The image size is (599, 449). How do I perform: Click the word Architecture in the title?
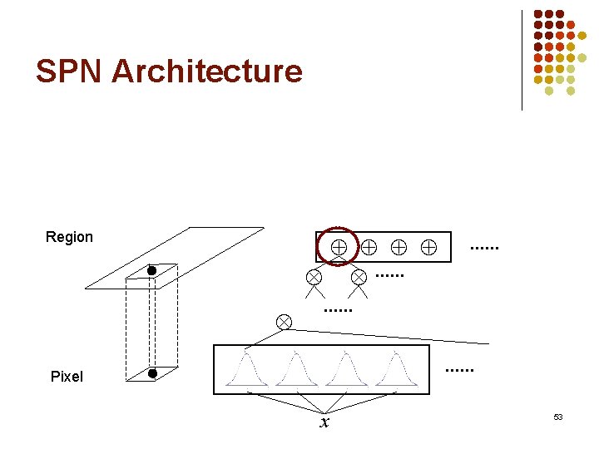tap(207, 72)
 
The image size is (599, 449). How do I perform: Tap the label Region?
tap(69, 237)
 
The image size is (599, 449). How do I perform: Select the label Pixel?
tap(67, 377)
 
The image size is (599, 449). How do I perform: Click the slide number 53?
tap(558, 417)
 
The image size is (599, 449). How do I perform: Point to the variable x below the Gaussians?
tap(324, 423)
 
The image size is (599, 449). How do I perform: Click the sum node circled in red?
tap(339, 246)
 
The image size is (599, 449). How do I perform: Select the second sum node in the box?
tap(369, 246)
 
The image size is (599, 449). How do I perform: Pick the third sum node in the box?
tap(399, 246)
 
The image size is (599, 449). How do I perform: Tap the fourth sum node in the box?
tap(428, 246)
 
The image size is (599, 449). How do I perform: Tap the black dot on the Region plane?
tap(152, 270)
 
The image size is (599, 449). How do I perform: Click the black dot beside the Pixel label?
tap(152, 373)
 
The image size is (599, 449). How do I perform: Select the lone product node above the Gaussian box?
tap(284, 322)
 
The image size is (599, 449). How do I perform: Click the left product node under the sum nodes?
tap(314, 276)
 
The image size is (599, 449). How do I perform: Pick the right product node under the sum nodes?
tap(359, 276)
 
